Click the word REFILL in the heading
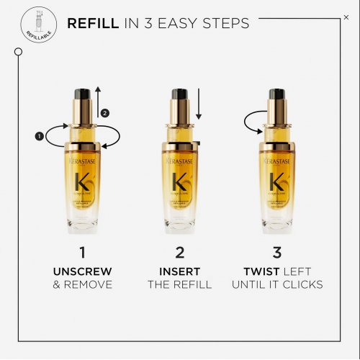[x=91, y=23]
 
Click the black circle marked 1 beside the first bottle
[x=39, y=135]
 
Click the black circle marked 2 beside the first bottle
[x=105, y=113]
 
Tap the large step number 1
[x=83, y=252]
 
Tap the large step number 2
[x=179, y=252]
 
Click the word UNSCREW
[x=83, y=271]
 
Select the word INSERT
[x=179, y=271]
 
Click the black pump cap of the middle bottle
[x=179, y=94]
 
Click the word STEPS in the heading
[x=225, y=23]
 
